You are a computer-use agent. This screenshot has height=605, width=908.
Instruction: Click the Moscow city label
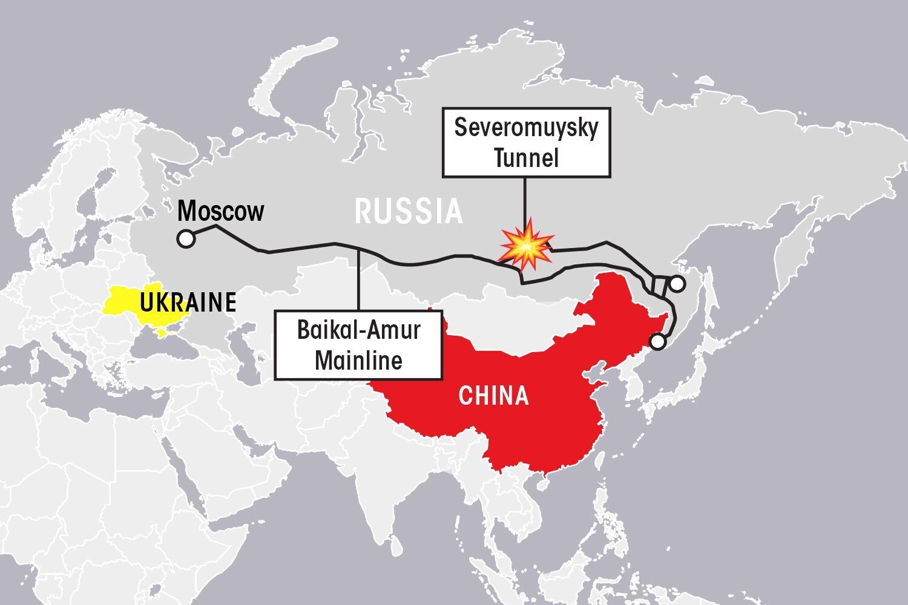tap(221, 212)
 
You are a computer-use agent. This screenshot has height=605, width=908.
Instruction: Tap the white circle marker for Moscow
tap(186, 240)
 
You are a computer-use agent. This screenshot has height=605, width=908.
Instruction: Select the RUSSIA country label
tap(409, 212)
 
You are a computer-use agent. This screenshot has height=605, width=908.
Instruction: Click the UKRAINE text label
tap(187, 302)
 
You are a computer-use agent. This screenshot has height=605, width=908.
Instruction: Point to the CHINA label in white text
tap(493, 396)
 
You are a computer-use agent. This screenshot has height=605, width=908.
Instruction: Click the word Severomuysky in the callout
tap(525, 128)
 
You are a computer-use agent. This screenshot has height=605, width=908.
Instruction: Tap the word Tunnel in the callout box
tap(525, 159)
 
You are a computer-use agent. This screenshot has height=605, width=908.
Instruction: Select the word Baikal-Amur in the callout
tap(358, 331)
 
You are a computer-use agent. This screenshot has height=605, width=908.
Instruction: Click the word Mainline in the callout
tap(358, 361)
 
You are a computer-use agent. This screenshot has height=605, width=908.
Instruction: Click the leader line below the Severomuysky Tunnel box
tap(525, 200)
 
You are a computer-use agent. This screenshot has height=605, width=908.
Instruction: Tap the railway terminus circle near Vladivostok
tap(657, 342)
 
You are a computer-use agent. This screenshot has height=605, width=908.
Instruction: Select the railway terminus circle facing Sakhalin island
tap(677, 283)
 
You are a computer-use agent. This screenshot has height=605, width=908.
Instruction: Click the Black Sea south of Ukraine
tap(151, 351)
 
